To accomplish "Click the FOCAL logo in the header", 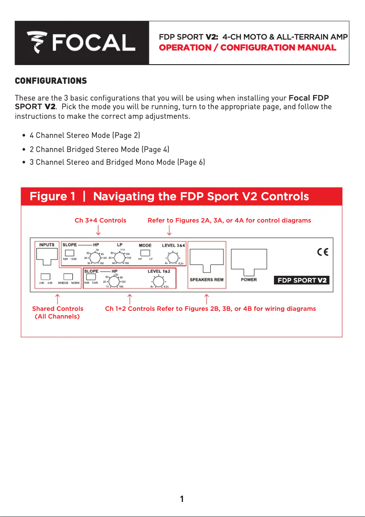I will coord(81,42).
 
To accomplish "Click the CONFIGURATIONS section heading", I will coord(51,81).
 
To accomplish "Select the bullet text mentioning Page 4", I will coord(99,149).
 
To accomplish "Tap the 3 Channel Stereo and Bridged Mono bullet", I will coord(117,162).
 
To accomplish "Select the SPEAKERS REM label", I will coord(207,279).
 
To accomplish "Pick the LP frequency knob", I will coord(120,258).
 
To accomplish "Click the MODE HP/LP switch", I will coord(145,253).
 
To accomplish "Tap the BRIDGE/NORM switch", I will coord(68,276).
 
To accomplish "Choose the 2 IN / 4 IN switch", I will coord(46,276).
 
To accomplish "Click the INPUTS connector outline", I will coord(47,257).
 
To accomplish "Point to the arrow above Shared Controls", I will coord(57,299).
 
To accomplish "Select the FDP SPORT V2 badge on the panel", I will coord(302,280).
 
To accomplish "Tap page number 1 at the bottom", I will coord(182,499).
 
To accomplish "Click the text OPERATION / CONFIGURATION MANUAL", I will coord(248,48).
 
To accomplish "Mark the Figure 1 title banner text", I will coord(169,197).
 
